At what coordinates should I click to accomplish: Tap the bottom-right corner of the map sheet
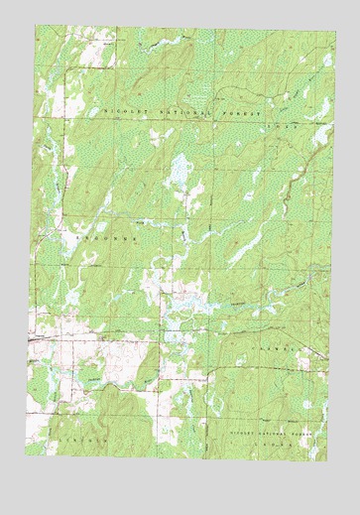326,461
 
